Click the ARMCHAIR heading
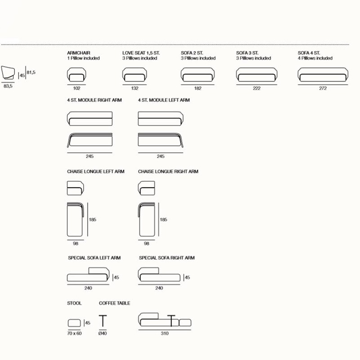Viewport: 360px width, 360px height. pos(78,53)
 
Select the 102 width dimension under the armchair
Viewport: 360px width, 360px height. pos(76,88)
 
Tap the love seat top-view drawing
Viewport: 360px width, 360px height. pos(135,75)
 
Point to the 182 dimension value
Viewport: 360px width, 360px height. pos(198,88)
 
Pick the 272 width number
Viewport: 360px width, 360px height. pos(323,88)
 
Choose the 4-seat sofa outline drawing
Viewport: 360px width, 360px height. pos(323,75)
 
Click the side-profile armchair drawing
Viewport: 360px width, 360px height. pos(8,73)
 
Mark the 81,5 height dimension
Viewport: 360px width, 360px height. pos(31,72)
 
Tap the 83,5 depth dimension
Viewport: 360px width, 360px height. pos(8,86)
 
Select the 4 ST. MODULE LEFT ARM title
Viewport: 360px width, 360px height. pos(164,100)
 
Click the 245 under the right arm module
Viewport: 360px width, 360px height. pos(90,156)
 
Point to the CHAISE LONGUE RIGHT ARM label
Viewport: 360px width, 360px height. pos(168,171)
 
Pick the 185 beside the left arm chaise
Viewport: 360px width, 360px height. pos(93,220)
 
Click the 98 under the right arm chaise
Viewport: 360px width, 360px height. pos(147,243)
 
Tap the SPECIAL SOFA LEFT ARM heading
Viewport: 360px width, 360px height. pos(94,258)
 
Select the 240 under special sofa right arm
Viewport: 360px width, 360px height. pos(159,288)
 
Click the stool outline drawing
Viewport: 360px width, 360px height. pos(74,323)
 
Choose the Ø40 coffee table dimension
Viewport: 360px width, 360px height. pos(103,333)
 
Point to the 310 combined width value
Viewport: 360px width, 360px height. pos(165,333)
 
